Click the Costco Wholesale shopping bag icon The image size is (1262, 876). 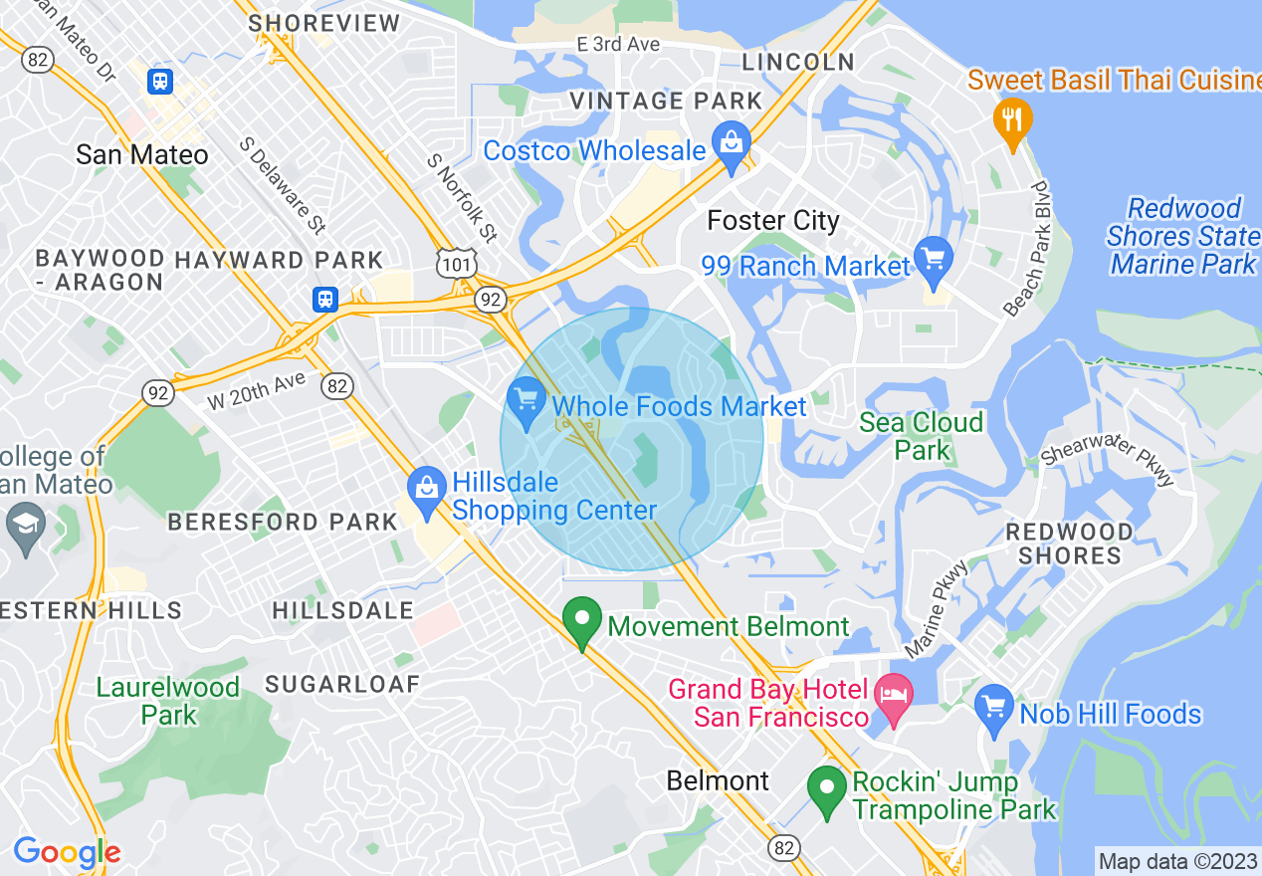[732, 147]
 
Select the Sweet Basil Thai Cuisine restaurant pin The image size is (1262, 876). [1012, 121]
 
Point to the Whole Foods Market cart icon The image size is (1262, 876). [526, 401]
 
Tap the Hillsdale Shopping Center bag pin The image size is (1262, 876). [427, 491]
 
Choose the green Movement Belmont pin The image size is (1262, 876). [582, 621]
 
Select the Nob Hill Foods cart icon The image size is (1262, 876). [994, 709]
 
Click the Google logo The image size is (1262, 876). [67, 852]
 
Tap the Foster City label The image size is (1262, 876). [773, 220]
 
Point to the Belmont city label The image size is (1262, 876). [718, 780]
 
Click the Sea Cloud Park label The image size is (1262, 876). [921, 436]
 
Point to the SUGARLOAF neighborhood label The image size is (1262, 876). [342, 684]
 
